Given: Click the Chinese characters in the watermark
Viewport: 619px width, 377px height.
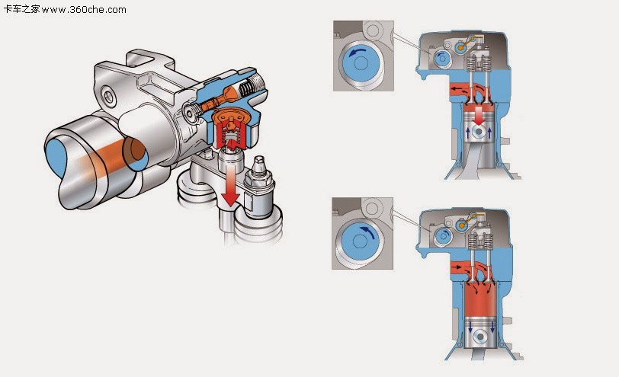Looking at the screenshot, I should [x=21, y=10].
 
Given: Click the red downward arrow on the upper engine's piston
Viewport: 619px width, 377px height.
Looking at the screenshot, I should [x=476, y=115].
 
